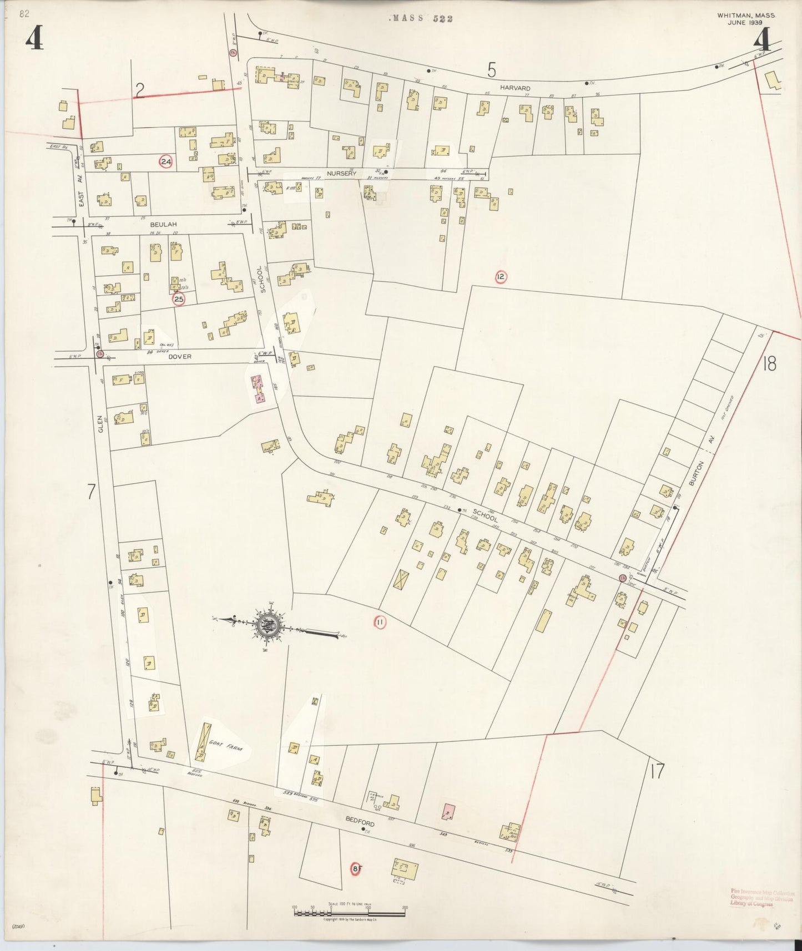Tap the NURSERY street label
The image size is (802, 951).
(341, 174)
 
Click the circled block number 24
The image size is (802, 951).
(165, 162)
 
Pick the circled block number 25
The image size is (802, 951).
(178, 300)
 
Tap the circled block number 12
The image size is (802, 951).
(501, 276)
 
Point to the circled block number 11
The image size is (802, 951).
(380, 623)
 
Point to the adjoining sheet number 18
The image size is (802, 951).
(770, 364)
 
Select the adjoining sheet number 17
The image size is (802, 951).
(656, 771)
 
